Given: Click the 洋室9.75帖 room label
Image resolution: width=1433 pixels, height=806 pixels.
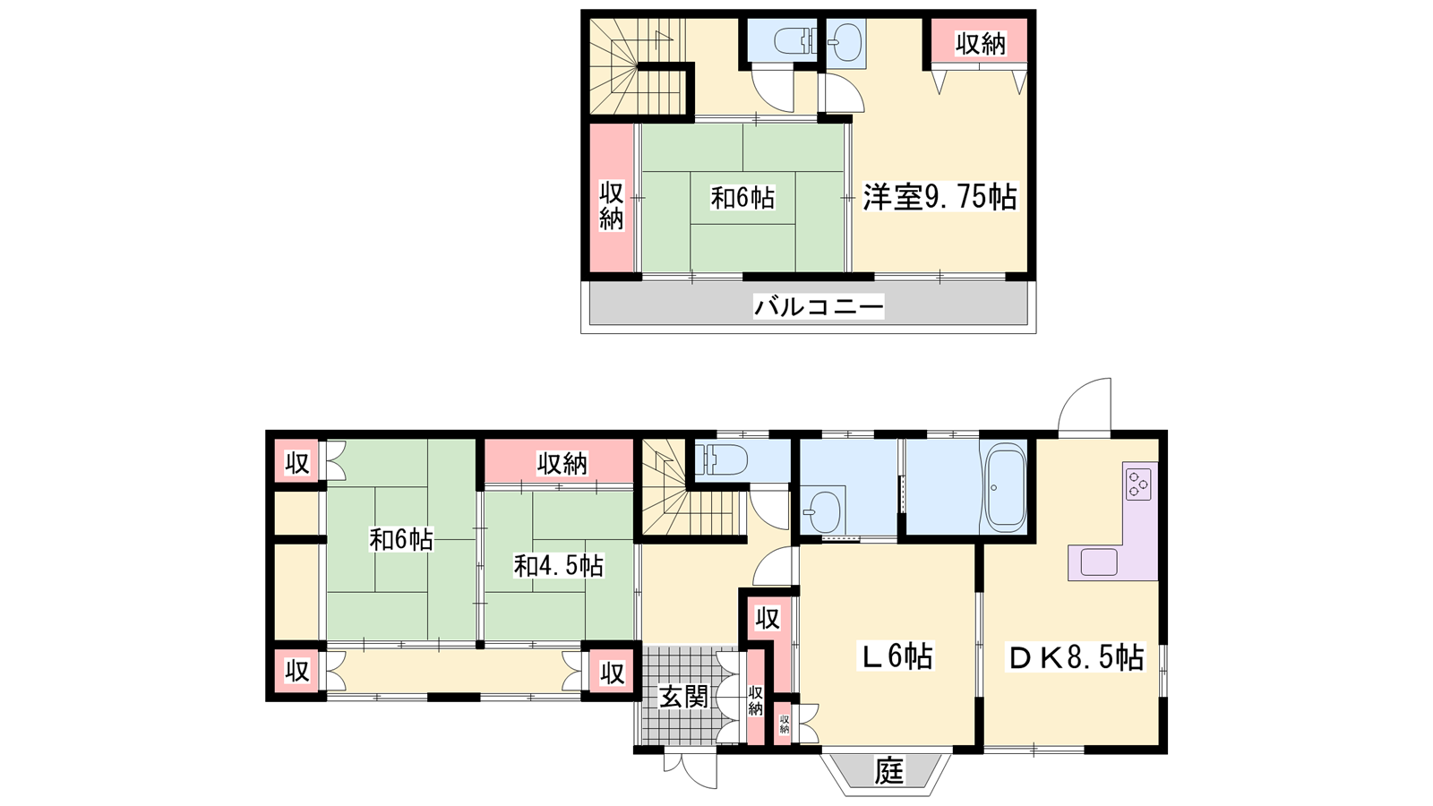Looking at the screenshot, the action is click(940, 197).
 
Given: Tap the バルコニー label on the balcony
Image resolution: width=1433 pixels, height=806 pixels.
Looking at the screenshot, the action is click(819, 307).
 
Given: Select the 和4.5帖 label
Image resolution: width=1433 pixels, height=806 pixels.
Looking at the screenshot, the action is click(559, 566).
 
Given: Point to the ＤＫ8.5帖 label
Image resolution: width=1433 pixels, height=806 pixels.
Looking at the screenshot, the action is click(1076, 657).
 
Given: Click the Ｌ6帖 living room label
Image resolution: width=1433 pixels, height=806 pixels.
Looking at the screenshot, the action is click(896, 656).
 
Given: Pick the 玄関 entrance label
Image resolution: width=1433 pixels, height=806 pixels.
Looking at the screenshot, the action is click(684, 697).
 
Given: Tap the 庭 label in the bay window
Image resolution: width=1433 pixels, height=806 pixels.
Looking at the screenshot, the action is click(889, 770).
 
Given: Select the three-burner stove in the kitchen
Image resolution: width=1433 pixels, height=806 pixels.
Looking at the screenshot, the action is click(1138, 484).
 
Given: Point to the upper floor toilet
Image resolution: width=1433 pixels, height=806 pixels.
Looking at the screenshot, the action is click(794, 42).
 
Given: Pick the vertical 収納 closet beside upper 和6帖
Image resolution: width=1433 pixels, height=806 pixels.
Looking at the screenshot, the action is click(612, 198).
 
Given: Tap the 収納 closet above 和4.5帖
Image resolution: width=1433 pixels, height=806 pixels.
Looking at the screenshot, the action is click(559, 461).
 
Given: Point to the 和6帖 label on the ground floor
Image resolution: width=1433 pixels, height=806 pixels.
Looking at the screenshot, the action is click(401, 539).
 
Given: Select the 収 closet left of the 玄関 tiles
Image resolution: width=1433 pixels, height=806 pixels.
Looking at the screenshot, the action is click(612, 672).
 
